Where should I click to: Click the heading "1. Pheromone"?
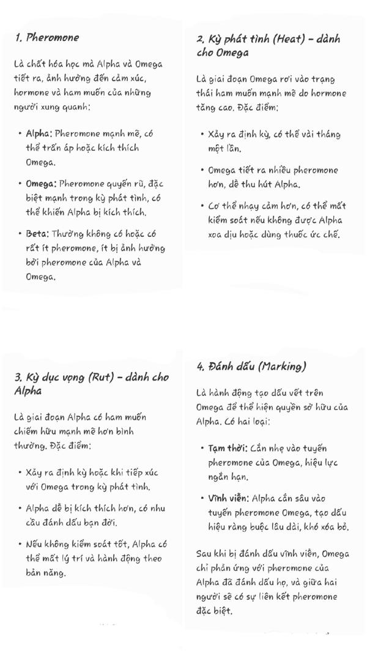pos(46,37)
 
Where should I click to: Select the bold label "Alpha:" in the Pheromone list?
pos(39,133)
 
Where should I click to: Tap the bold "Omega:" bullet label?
pos(41,184)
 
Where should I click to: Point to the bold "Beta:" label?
pos(37,234)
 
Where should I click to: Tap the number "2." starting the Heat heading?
pos(201,40)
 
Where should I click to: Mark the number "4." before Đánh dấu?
pos(201,367)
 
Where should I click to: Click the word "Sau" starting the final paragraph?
pos(204,554)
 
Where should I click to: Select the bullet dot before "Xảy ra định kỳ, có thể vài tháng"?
pos(202,134)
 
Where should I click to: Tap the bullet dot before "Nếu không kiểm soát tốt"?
pos(20,544)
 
